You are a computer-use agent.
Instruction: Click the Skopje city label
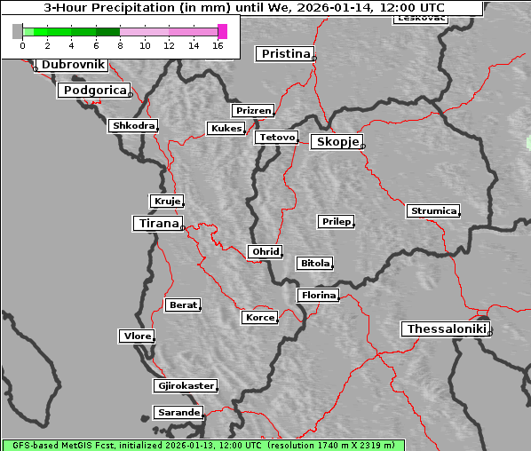(x=337, y=142)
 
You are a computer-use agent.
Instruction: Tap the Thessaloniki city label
(x=446, y=329)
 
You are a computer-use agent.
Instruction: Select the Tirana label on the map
(x=157, y=224)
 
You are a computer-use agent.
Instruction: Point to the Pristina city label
(x=285, y=54)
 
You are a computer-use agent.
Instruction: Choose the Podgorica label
(x=94, y=91)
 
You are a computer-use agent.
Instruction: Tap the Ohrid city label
(x=265, y=252)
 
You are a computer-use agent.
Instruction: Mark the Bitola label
(x=314, y=264)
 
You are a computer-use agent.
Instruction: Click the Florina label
(x=318, y=295)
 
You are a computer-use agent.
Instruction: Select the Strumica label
(x=433, y=211)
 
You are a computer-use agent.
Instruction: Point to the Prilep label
(x=336, y=221)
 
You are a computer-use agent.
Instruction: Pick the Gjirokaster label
(x=185, y=386)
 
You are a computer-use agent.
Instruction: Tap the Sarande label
(x=178, y=413)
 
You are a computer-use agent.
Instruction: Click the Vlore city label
(x=136, y=336)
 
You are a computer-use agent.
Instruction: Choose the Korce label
(x=259, y=317)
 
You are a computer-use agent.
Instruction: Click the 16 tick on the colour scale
(x=218, y=44)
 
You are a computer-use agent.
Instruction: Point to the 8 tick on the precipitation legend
(x=120, y=44)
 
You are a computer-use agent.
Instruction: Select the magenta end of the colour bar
(x=222, y=31)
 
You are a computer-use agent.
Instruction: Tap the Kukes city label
(x=226, y=129)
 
